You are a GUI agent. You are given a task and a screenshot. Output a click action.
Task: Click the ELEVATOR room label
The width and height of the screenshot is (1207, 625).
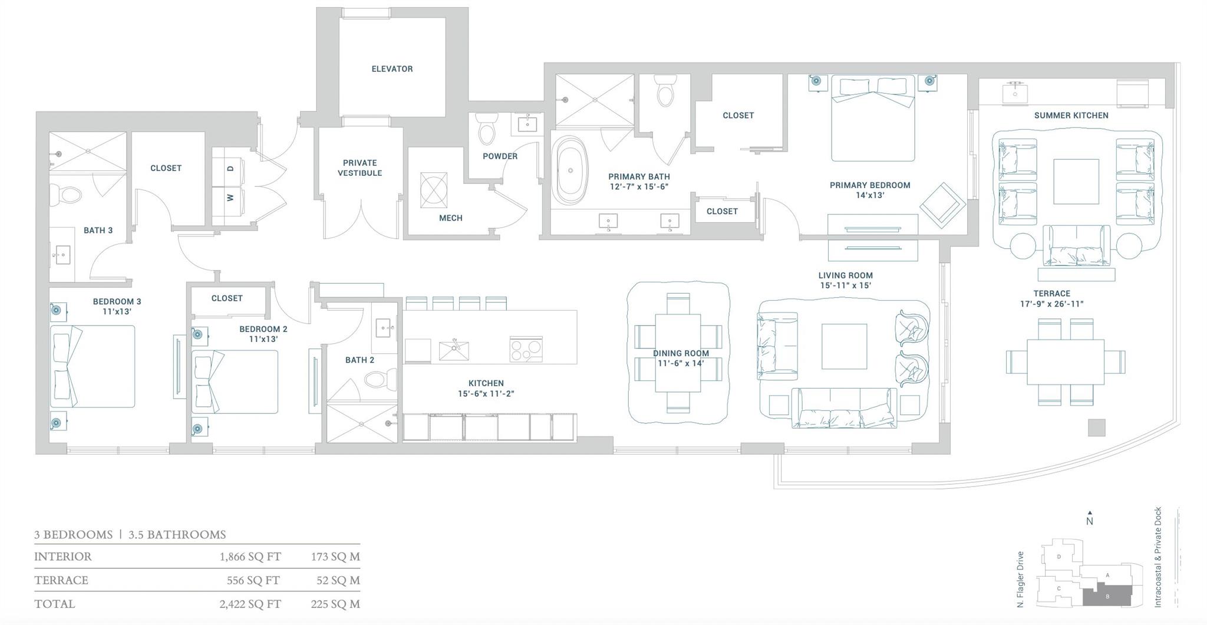click(392, 69)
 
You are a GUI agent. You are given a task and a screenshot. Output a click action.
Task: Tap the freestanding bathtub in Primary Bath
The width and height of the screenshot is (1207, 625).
click(570, 170)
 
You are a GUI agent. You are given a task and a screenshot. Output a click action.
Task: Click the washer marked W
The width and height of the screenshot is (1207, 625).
click(230, 198)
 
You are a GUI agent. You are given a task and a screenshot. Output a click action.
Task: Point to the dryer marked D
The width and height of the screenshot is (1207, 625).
click(230, 169)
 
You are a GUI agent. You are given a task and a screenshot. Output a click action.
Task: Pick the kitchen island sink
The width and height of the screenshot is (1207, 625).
click(454, 350)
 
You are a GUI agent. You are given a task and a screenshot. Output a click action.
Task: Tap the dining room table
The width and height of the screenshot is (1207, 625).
click(678, 353)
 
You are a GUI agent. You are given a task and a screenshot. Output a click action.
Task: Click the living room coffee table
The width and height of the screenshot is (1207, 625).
click(844, 346)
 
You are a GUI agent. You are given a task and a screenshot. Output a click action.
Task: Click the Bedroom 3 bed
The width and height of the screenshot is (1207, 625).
click(92, 366)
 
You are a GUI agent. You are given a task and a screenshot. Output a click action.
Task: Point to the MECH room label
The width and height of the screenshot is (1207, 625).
click(451, 218)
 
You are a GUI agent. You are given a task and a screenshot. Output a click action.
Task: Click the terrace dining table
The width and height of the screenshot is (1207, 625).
click(1066, 362)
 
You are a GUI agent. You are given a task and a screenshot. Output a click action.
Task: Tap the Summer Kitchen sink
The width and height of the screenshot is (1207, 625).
click(1015, 93)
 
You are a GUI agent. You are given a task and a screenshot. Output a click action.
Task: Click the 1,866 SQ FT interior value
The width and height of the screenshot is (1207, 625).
click(250, 557)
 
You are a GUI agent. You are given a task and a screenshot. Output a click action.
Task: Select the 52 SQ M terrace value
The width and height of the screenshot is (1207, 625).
click(338, 580)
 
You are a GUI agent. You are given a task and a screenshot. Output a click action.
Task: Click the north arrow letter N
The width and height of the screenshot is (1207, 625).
click(1090, 521)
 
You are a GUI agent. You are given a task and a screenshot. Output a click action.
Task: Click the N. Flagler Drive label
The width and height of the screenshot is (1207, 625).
click(1020, 579)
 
